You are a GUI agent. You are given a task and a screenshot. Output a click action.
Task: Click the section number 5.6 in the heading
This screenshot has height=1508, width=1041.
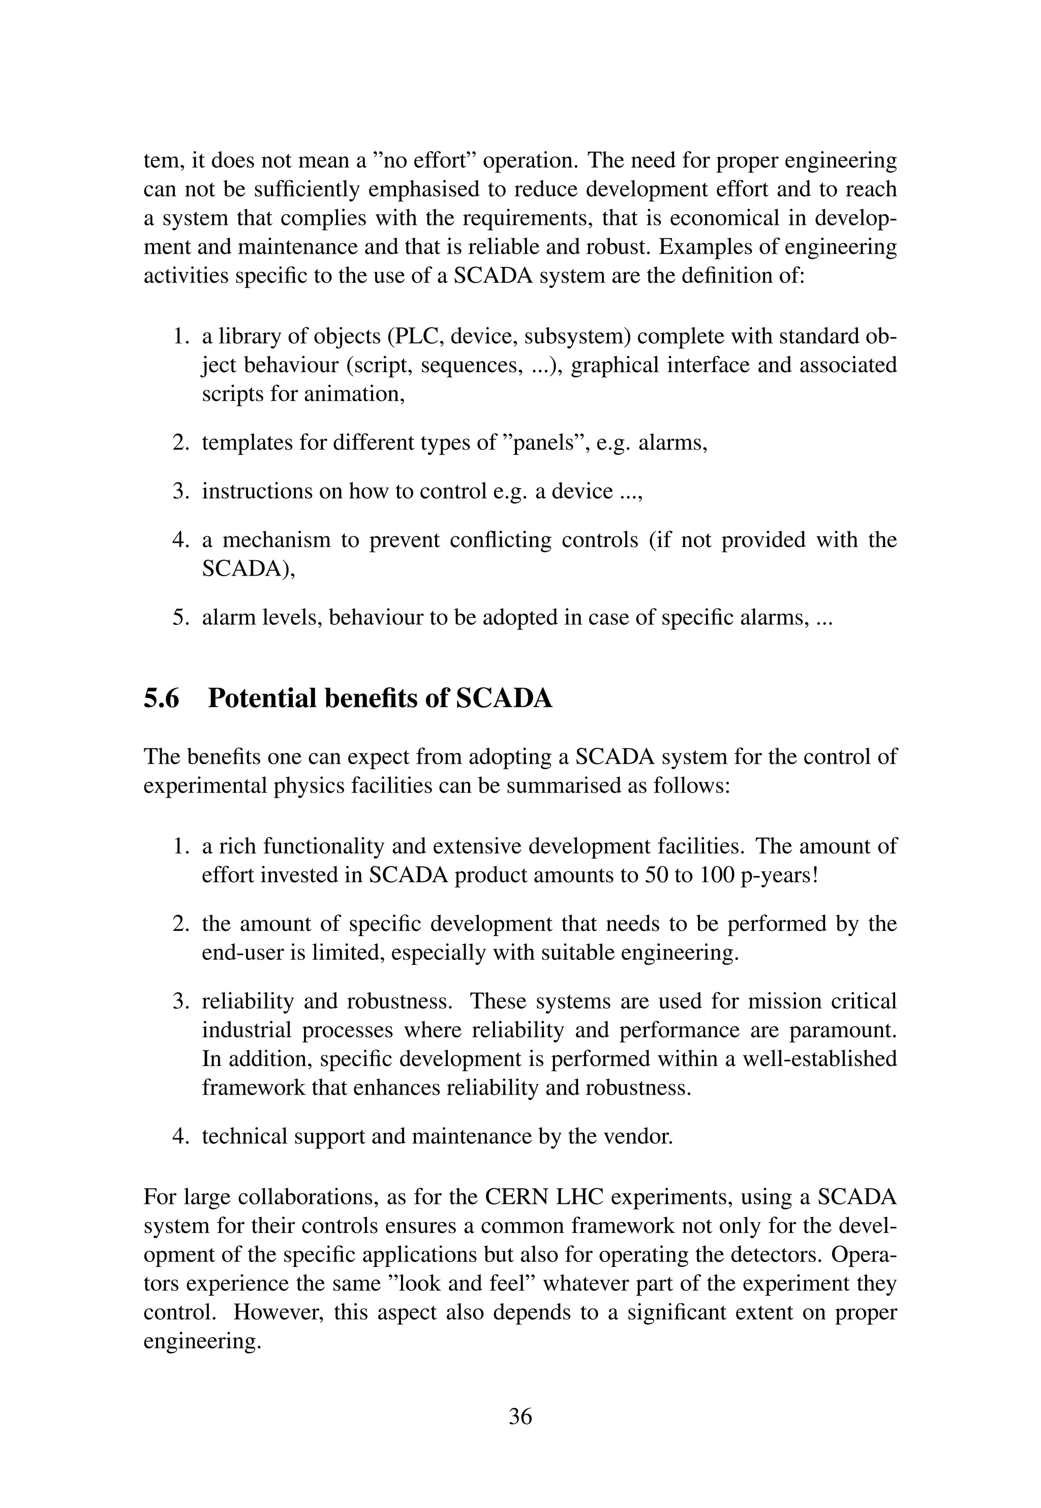[161, 698]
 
